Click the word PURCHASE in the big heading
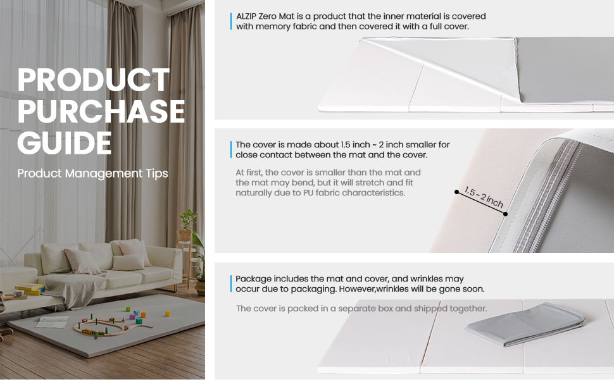click(x=101, y=111)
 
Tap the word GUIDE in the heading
click(x=65, y=142)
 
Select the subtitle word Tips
click(x=157, y=173)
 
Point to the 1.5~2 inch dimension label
click(x=484, y=197)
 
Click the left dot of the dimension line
click(x=456, y=192)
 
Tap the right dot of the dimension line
click(x=506, y=214)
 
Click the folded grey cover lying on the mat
click(x=525, y=324)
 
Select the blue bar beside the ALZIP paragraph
click(x=231, y=21)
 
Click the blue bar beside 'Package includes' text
click(x=231, y=284)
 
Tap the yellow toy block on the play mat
click(x=168, y=313)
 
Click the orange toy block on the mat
click(x=143, y=314)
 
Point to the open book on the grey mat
click(x=53, y=322)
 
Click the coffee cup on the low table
click(x=18, y=293)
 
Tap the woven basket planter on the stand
click(x=184, y=235)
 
